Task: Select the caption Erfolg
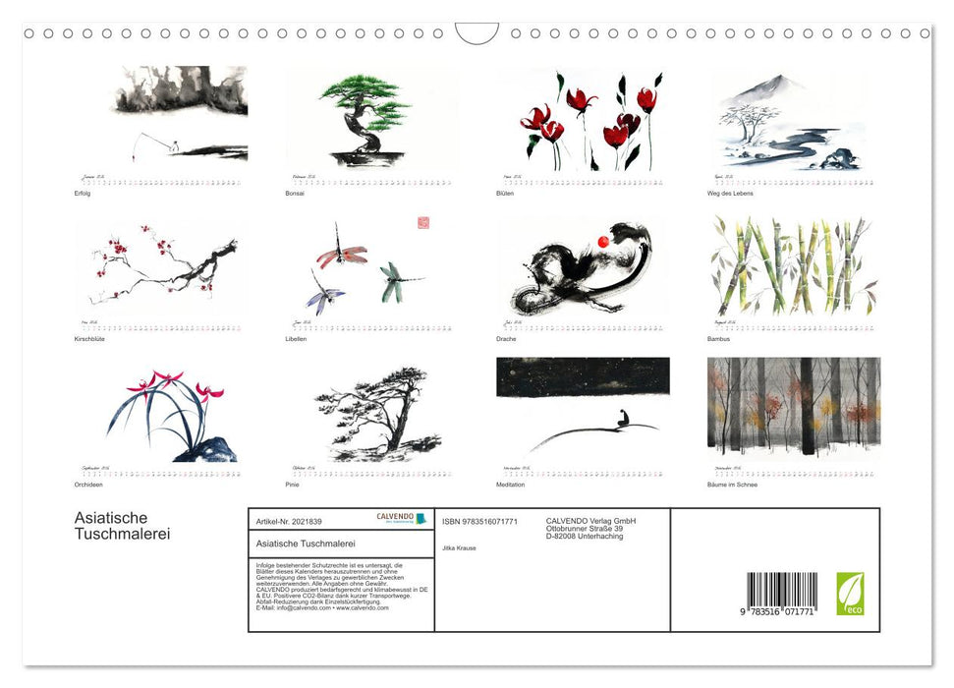tap(82, 193)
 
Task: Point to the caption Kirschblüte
tap(89, 339)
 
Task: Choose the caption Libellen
tap(296, 339)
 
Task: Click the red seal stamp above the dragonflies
tap(423, 223)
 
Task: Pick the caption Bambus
tap(720, 339)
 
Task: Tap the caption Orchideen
tap(88, 485)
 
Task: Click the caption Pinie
tap(292, 485)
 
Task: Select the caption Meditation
tap(511, 485)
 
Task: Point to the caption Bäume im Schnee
tap(733, 485)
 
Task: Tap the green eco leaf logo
tap(850, 594)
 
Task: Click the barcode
tap(781, 595)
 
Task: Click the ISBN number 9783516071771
tap(479, 521)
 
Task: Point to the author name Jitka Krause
tap(459, 547)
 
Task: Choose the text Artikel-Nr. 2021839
tap(289, 521)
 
